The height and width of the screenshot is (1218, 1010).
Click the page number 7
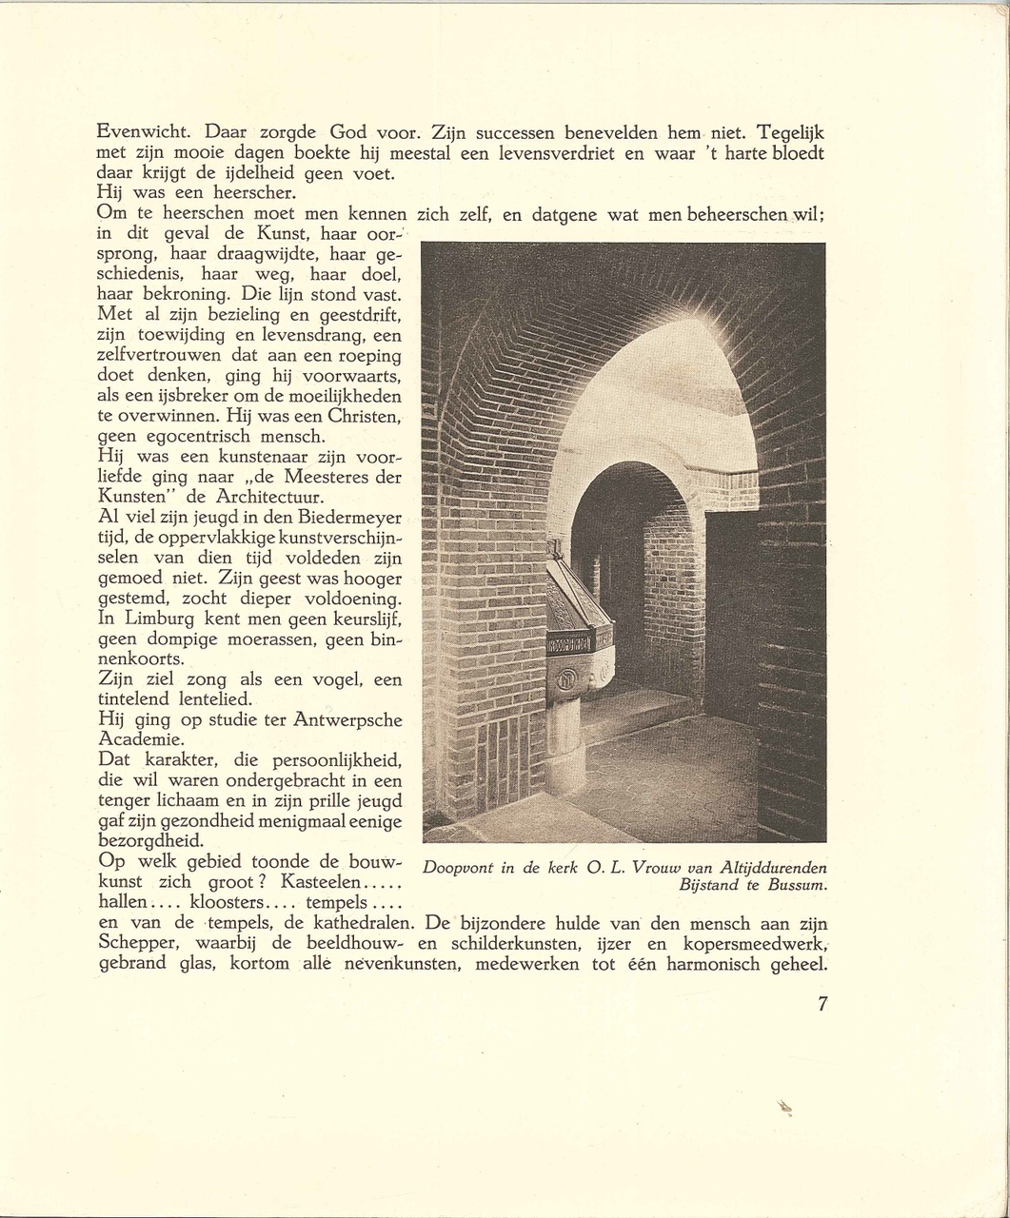click(822, 1003)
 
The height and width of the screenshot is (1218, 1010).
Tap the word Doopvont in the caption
click(458, 868)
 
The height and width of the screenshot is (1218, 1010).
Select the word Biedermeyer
click(352, 518)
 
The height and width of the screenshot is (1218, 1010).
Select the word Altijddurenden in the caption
click(774, 868)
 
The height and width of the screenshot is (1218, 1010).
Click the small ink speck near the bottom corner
click(785, 1107)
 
